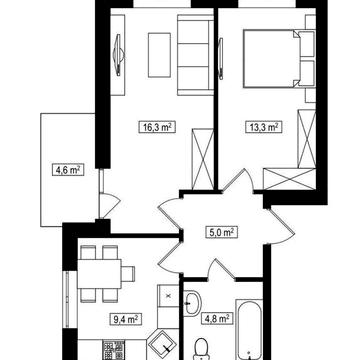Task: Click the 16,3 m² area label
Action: point(157,127)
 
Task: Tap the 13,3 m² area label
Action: point(262,127)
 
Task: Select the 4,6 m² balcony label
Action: point(68,170)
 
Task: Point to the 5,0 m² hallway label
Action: point(221,232)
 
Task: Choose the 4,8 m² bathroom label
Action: point(217,319)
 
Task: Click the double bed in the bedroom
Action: point(279,59)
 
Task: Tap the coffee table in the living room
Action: point(159,55)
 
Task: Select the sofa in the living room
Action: point(195,55)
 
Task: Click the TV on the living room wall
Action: point(118,55)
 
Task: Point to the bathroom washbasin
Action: point(193,303)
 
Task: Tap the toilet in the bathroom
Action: point(201,349)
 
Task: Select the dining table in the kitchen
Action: point(99,274)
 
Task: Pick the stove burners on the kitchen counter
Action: point(113,350)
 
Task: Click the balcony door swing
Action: point(109,205)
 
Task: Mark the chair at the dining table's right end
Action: point(128,274)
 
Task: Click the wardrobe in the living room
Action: point(203,159)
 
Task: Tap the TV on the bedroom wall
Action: point(220,59)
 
